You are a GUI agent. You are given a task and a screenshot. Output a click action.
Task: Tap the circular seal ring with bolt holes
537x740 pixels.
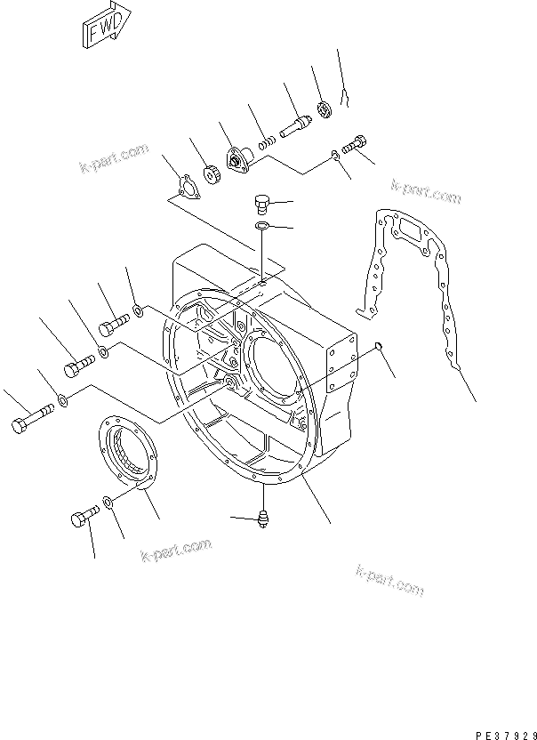coord(125,454)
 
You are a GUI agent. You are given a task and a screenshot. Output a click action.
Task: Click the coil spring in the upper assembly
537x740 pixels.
coord(266,140)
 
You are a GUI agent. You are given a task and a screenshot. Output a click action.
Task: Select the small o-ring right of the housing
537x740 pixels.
coord(378,346)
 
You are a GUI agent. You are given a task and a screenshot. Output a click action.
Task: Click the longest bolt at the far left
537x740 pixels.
coord(28,419)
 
